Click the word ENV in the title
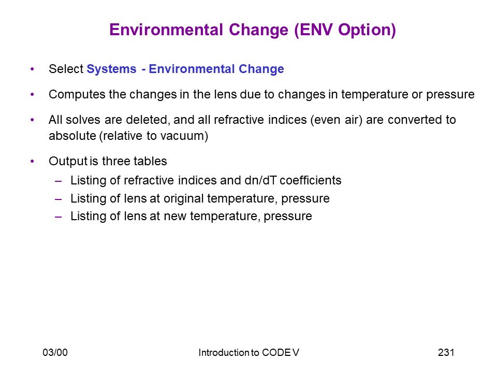point(316,30)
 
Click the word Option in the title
point(364,31)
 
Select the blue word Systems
point(112,69)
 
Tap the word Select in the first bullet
point(66,69)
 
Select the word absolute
point(72,136)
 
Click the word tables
point(150,161)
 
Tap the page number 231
point(446,352)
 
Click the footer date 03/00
point(55,352)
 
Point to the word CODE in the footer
point(275,353)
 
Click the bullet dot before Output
point(32,162)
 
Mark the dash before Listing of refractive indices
point(59,181)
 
